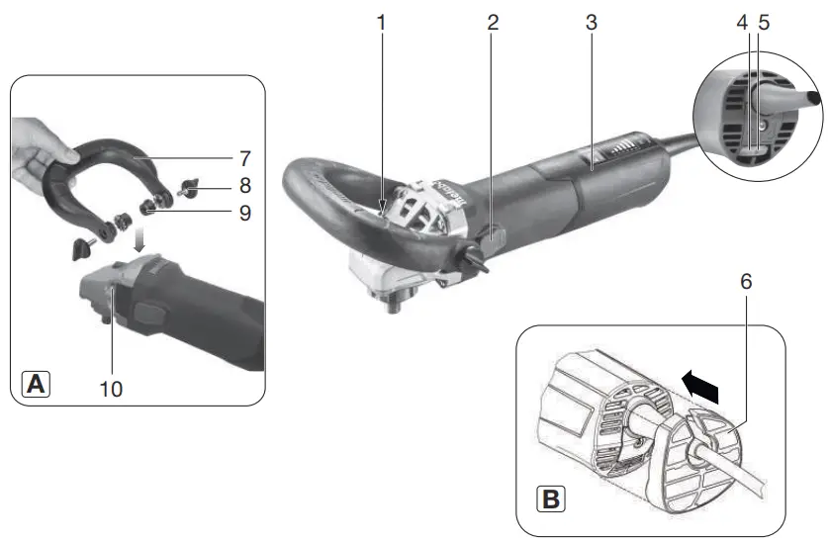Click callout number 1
pos(380,21)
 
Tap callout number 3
pos(591,21)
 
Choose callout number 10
pos(111,389)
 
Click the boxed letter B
pos(545,499)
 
